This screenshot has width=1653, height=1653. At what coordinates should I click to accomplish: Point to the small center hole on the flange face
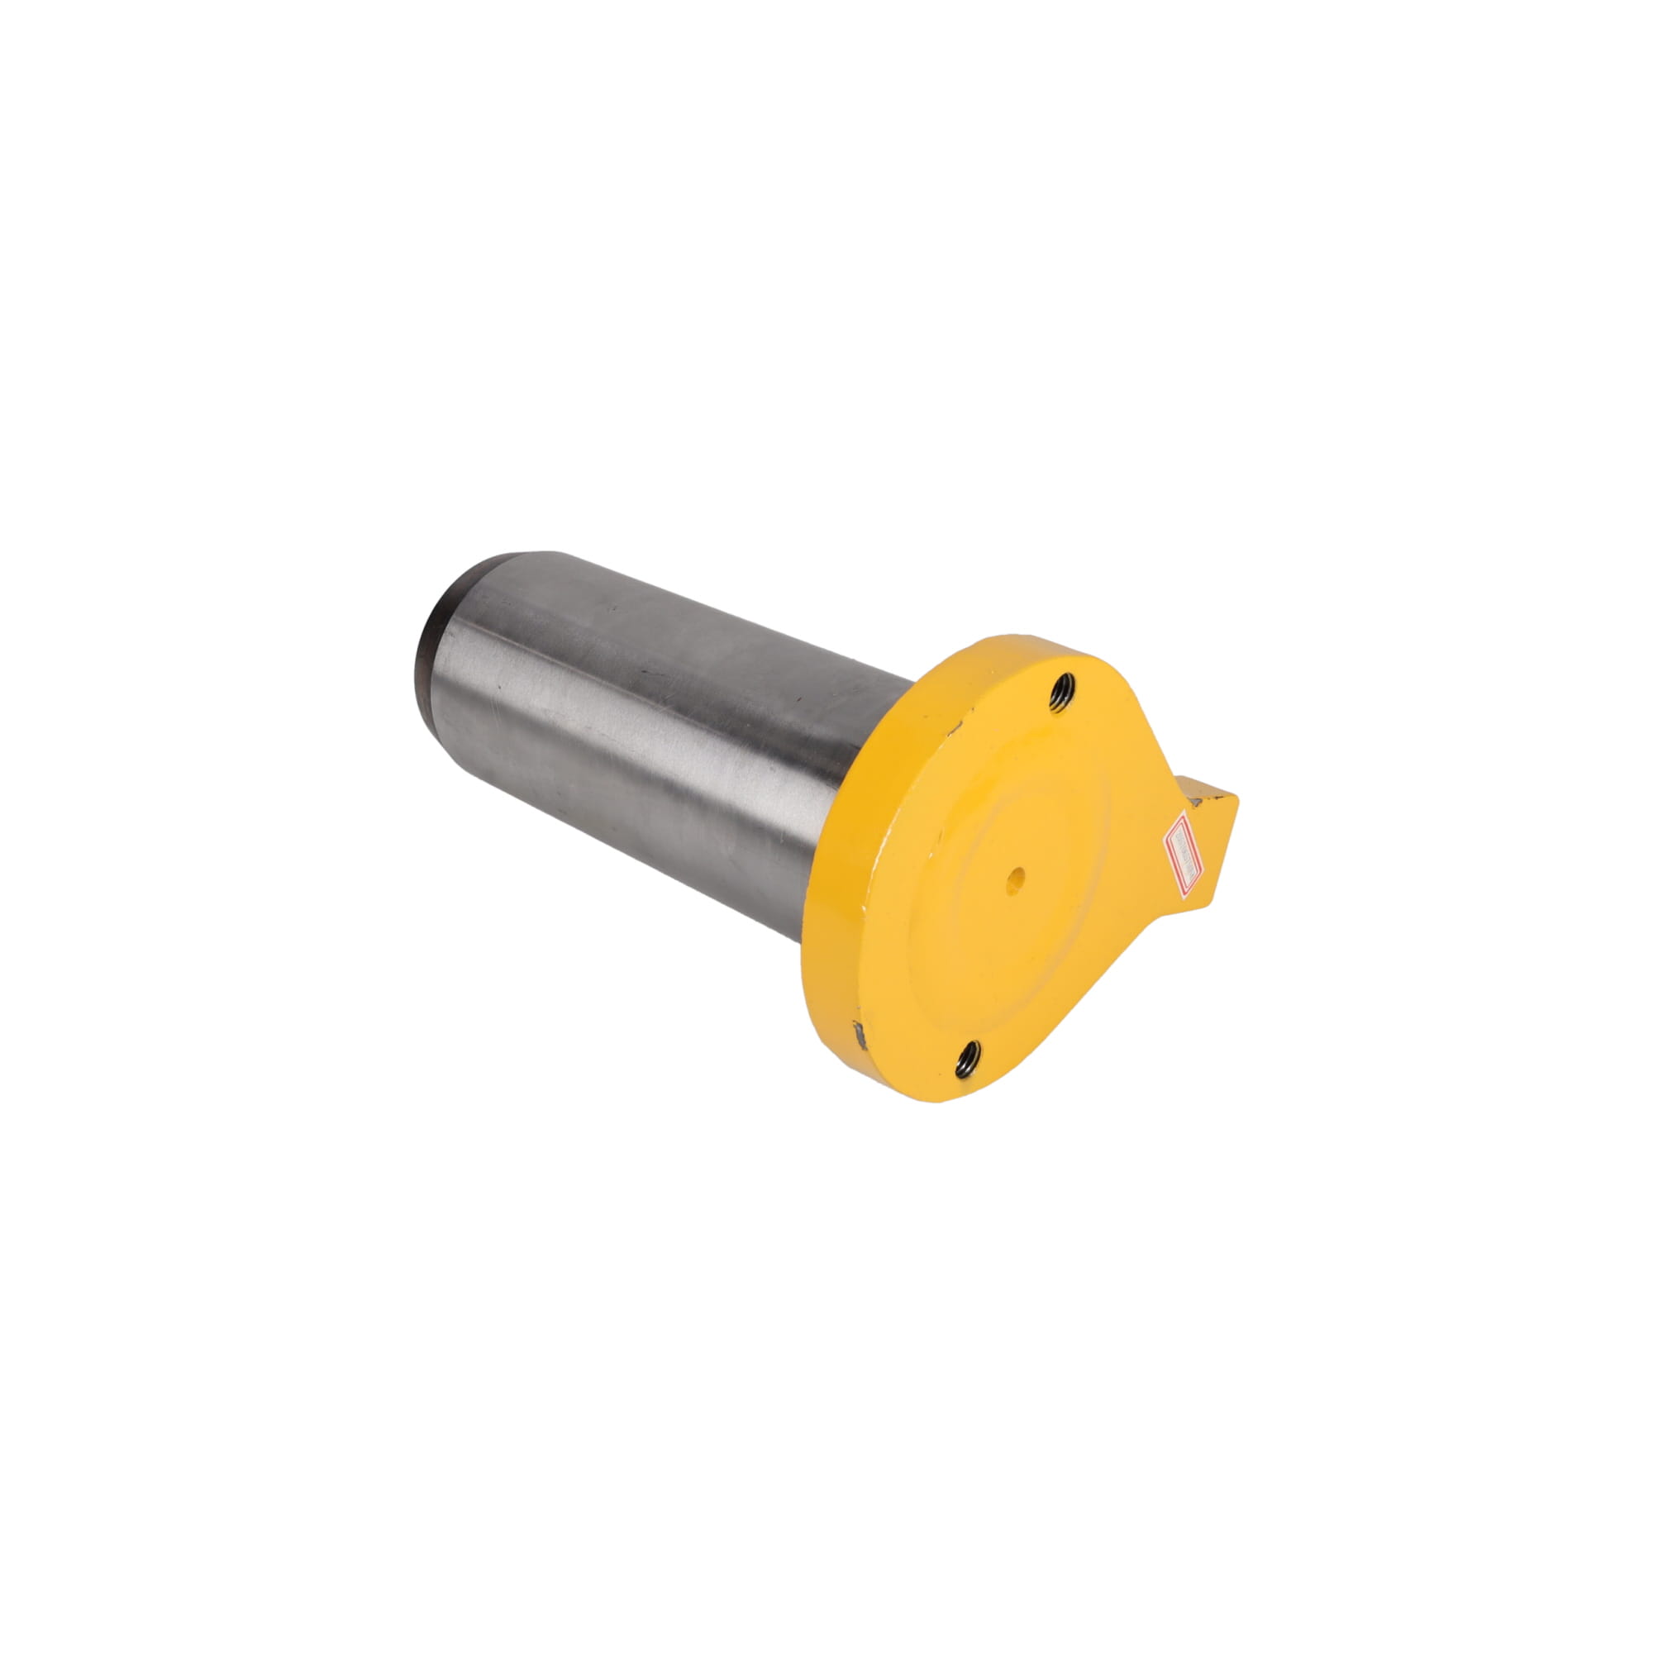1016,877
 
